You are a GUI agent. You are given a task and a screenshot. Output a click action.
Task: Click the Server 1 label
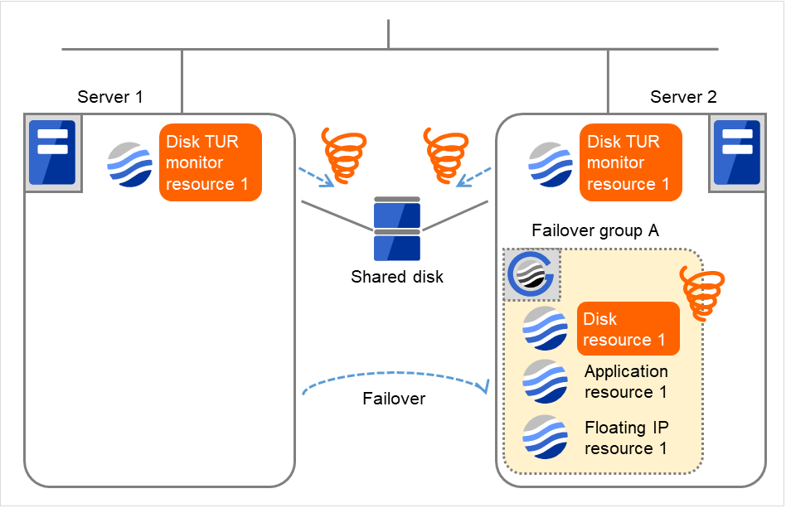(110, 97)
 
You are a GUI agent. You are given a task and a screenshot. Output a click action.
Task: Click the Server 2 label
(683, 97)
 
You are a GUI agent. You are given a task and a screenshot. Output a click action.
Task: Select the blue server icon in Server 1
(52, 152)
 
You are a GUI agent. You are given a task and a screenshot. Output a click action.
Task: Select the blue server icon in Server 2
(737, 152)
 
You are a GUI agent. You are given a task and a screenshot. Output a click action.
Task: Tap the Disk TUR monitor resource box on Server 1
(211, 162)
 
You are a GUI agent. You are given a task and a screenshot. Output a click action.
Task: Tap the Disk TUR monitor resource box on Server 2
(631, 162)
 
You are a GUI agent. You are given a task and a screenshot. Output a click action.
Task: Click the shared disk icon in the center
(397, 228)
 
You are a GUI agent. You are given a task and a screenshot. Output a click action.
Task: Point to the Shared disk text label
(397, 277)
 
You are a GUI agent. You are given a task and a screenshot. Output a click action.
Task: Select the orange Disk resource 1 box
(628, 329)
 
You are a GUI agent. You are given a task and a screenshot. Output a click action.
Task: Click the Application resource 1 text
(626, 381)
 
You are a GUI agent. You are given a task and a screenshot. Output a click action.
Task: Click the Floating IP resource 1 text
(626, 438)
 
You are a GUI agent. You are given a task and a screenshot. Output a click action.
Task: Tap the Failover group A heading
(594, 231)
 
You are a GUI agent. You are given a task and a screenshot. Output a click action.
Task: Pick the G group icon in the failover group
(532, 274)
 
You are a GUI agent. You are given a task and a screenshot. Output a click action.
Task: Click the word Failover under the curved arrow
(394, 399)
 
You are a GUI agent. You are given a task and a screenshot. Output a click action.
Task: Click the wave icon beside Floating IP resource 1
(545, 437)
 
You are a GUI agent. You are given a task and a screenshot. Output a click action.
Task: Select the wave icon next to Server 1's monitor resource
(130, 163)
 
